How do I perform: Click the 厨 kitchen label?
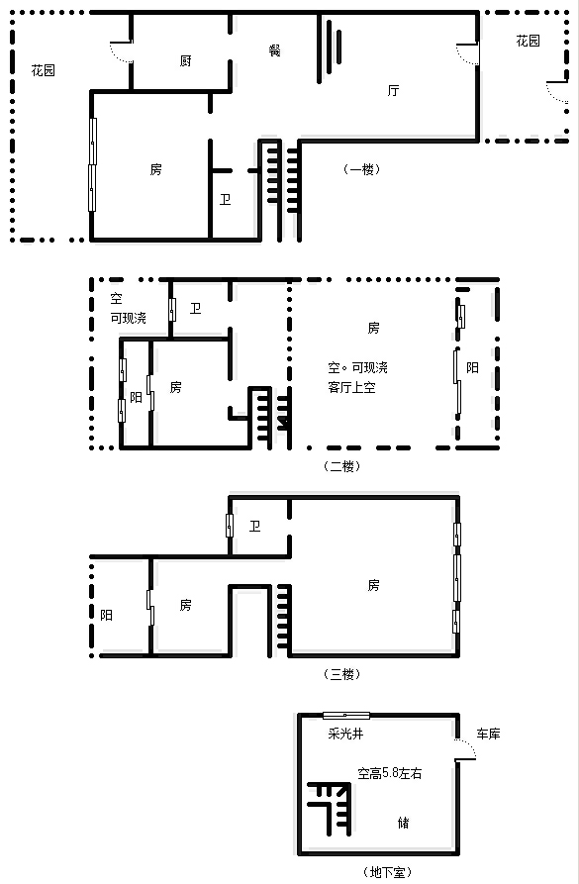tap(185, 61)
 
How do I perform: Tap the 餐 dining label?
tap(274, 50)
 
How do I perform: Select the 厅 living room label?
tap(393, 90)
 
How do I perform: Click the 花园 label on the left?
tap(43, 70)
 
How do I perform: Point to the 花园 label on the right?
tap(529, 41)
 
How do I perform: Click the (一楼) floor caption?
tap(361, 169)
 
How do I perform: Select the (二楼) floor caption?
tap(341, 466)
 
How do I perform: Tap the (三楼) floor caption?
tap(341, 674)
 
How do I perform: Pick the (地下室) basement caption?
tap(387, 872)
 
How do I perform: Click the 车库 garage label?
tap(488, 734)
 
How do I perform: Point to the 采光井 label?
tap(345, 734)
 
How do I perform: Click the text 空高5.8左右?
tap(390, 773)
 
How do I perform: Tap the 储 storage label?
tap(403, 823)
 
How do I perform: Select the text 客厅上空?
tap(351, 387)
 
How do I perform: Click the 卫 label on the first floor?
tap(225, 199)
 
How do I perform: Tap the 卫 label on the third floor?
tap(254, 526)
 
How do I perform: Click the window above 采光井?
tap(346, 716)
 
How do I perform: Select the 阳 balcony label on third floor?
tap(107, 615)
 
